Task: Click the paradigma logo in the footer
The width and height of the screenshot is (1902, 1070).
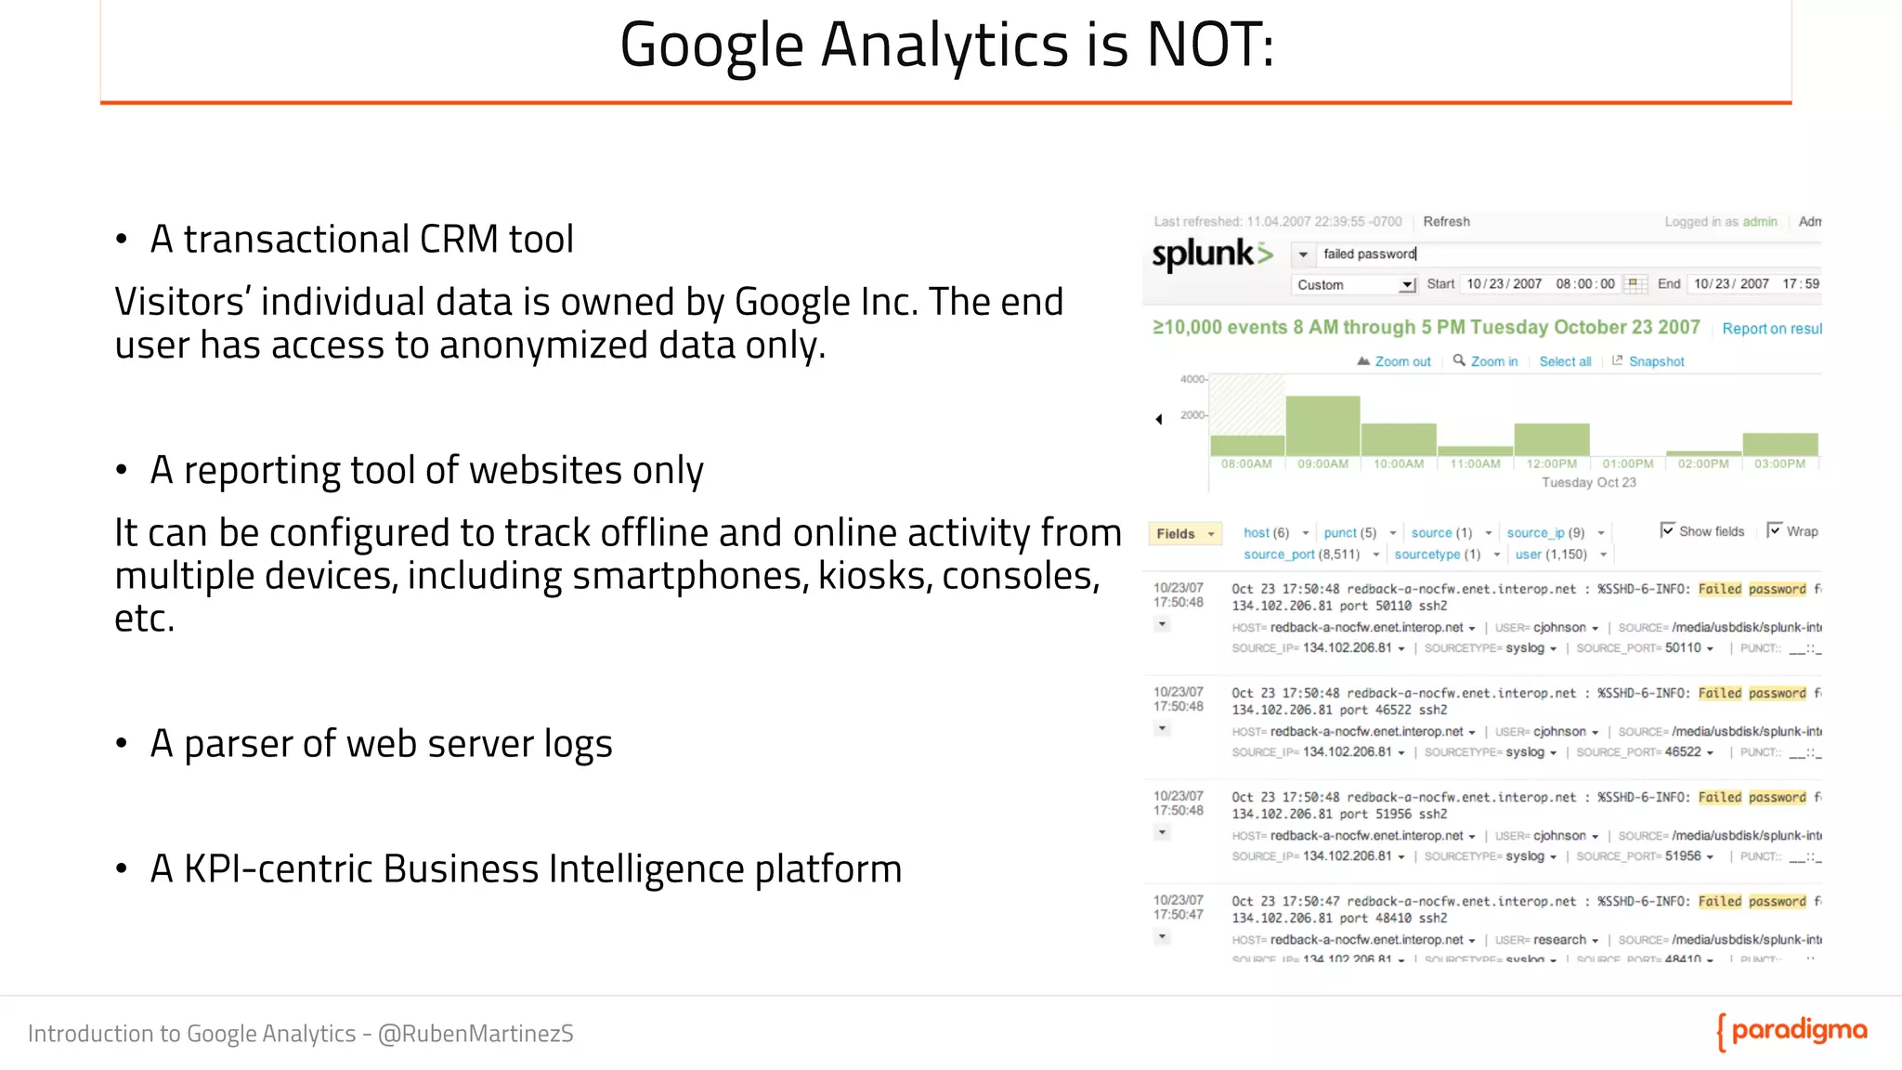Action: [1792, 1031]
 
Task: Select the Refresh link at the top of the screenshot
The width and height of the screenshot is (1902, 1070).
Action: [1446, 222]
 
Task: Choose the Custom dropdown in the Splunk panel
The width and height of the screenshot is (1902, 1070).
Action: [1354, 285]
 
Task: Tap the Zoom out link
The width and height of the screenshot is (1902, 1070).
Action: [1402, 362]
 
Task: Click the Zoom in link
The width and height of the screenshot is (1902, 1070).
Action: [1493, 362]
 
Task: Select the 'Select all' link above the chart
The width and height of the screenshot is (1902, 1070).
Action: [1565, 362]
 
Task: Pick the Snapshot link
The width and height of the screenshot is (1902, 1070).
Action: [1656, 362]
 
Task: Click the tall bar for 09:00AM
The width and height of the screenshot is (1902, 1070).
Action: [1322, 425]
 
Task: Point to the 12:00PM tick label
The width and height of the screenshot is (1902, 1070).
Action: [1551, 464]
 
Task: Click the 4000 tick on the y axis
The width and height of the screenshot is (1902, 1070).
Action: [1192, 379]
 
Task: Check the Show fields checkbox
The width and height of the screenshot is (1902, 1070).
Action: [1667, 530]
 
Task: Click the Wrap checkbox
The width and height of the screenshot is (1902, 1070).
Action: [1774, 530]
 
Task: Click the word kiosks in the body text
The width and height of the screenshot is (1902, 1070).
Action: [873, 576]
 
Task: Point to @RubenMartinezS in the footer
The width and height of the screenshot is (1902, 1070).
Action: [475, 1034]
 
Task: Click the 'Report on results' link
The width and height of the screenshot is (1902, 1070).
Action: [1771, 329]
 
